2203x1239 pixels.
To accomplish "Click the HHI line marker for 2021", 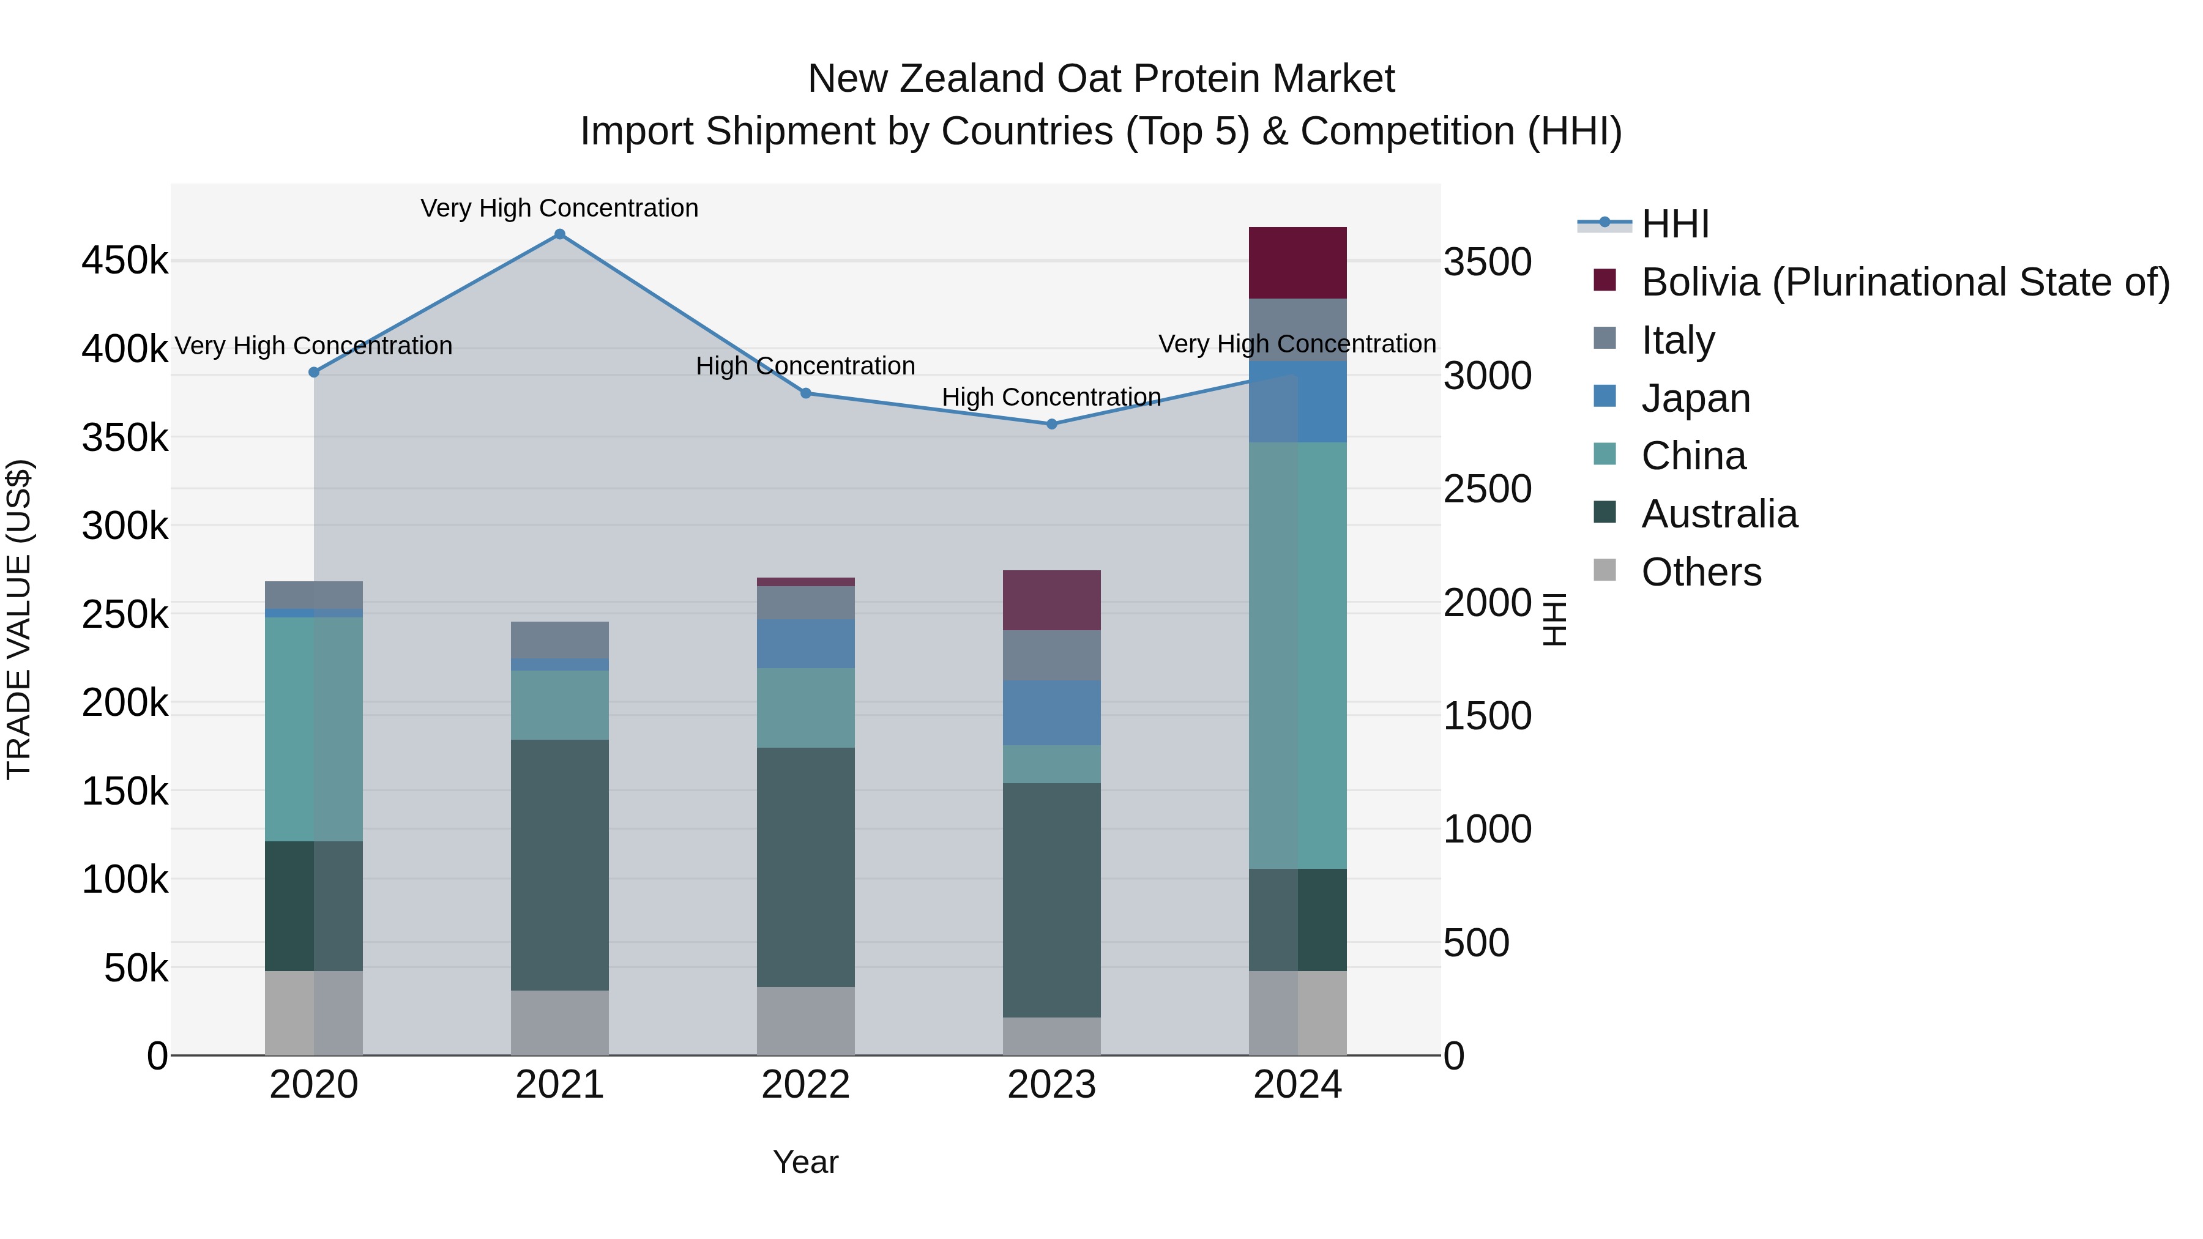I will [559, 234].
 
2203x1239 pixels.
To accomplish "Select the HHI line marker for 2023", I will [1052, 424].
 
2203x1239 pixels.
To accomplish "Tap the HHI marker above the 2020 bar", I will [314, 373].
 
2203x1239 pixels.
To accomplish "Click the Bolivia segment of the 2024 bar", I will [1297, 262].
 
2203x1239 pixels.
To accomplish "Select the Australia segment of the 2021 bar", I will [559, 865].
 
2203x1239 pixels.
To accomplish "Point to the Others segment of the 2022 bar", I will [805, 1021].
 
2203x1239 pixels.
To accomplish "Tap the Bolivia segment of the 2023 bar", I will [1052, 600].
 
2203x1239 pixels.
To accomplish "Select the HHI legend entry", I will [1674, 224].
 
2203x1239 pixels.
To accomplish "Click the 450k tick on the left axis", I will [125, 261].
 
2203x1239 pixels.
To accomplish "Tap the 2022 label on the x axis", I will [805, 1085].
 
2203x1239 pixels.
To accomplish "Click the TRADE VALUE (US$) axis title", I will [20, 619].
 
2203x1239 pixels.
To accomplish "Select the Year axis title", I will [805, 1162].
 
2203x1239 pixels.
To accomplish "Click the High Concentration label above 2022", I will [805, 366].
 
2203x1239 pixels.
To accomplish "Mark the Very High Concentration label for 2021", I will [559, 208].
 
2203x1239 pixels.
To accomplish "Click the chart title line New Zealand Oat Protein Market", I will [1101, 79].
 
